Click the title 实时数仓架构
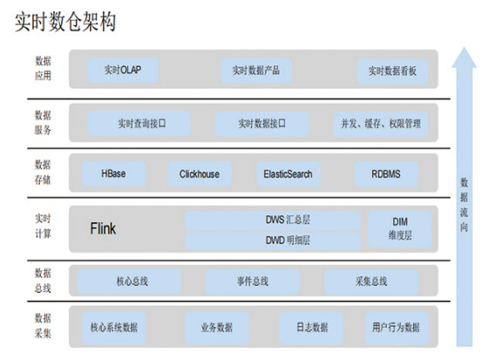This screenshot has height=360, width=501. pos(65,22)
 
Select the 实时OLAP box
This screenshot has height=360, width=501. pos(123,70)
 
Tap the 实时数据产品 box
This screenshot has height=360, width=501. pos(256,71)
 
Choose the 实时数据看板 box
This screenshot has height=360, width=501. pos(392,71)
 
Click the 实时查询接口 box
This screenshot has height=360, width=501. pos(139,124)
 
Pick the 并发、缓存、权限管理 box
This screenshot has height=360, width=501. pos(381,124)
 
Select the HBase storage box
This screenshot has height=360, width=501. pos(114,173)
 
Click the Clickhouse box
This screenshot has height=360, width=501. pos(200,174)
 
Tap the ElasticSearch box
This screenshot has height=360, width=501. pos(288,174)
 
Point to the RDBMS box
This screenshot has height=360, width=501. pos(386,174)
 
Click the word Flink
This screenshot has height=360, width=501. pos(103,228)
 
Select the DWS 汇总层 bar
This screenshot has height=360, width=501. pos(273,221)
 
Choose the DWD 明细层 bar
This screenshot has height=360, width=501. pos(273,241)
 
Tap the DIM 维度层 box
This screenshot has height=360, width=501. pos(400,229)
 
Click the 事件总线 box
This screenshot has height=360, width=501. pos(253,282)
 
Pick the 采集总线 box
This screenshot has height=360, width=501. pos(371,282)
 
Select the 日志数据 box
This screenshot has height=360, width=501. pos(311,328)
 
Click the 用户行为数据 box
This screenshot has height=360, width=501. pos(396,328)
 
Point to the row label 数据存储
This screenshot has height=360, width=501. pos(43,173)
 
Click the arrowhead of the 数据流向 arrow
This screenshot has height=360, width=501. pos(464,58)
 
